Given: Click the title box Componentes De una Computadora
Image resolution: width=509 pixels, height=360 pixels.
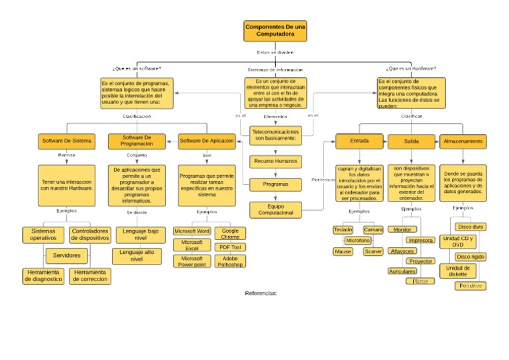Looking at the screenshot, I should [x=275, y=30].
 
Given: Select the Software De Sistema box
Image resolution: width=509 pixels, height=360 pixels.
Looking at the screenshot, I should [x=67, y=141].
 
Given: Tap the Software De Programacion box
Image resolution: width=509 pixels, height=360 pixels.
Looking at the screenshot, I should [x=137, y=141].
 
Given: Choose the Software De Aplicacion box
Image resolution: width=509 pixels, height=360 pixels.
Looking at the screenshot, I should [x=207, y=141].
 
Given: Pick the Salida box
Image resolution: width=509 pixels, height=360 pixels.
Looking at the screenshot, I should [x=411, y=141].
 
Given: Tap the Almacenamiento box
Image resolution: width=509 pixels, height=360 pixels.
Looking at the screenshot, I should [x=463, y=141].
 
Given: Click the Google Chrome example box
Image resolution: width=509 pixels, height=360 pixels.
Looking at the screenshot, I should [x=230, y=233].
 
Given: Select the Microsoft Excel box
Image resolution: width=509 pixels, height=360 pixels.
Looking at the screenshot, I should [x=192, y=245].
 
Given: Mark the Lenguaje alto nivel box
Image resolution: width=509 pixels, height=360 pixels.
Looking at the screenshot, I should [x=137, y=256].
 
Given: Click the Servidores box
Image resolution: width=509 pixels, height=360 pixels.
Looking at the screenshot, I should [x=67, y=255].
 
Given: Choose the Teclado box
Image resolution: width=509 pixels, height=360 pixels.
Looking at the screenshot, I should [x=343, y=229].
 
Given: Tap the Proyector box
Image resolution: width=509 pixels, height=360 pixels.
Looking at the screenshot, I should [x=420, y=261].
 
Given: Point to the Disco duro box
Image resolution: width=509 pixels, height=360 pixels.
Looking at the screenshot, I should [x=471, y=227].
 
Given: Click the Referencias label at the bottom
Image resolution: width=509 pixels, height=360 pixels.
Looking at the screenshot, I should [x=260, y=292].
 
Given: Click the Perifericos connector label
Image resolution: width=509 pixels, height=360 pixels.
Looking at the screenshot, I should [x=323, y=180].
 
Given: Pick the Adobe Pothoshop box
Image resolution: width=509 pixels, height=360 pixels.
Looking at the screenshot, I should [x=230, y=261].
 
